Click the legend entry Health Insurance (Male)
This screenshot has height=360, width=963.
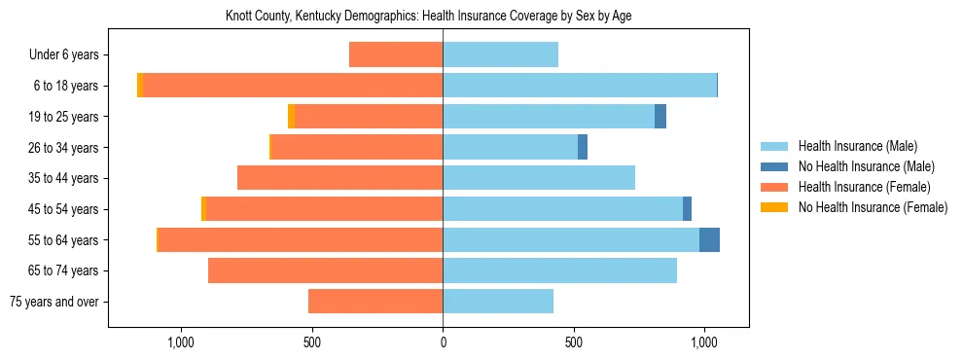(x=857, y=146)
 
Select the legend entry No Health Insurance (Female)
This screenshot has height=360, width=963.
(x=873, y=207)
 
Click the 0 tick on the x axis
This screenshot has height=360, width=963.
(x=443, y=342)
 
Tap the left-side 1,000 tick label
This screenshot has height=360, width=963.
(x=182, y=342)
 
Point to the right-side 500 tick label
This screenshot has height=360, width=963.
(x=574, y=342)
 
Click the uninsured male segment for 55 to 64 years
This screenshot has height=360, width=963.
(x=709, y=239)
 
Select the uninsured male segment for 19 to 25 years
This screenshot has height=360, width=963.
(x=660, y=117)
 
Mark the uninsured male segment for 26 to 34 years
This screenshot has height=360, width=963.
(x=583, y=148)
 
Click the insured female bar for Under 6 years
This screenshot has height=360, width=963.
(x=396, y=55)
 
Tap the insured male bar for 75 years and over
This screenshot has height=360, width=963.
(x=498, y=302)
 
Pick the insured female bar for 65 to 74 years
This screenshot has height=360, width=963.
(x=326, y=270)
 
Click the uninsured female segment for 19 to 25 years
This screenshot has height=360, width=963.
(x=291, y=117)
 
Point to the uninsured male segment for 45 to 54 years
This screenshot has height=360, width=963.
(x=687, y=209)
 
